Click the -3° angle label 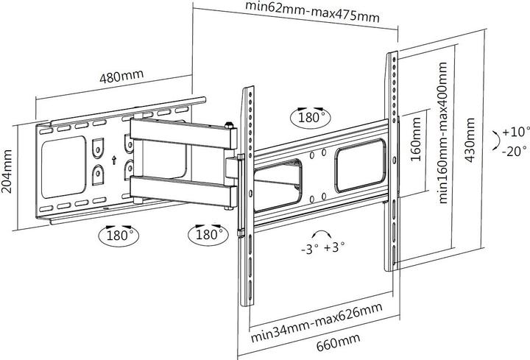309,247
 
